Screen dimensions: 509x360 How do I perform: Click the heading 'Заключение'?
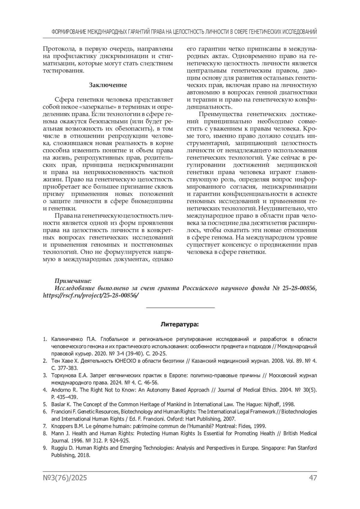click(x=108, y=85)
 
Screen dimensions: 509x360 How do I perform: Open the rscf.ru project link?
click(x=91, y=295)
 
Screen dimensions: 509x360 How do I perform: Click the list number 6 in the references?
click(x=45, y=412)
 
